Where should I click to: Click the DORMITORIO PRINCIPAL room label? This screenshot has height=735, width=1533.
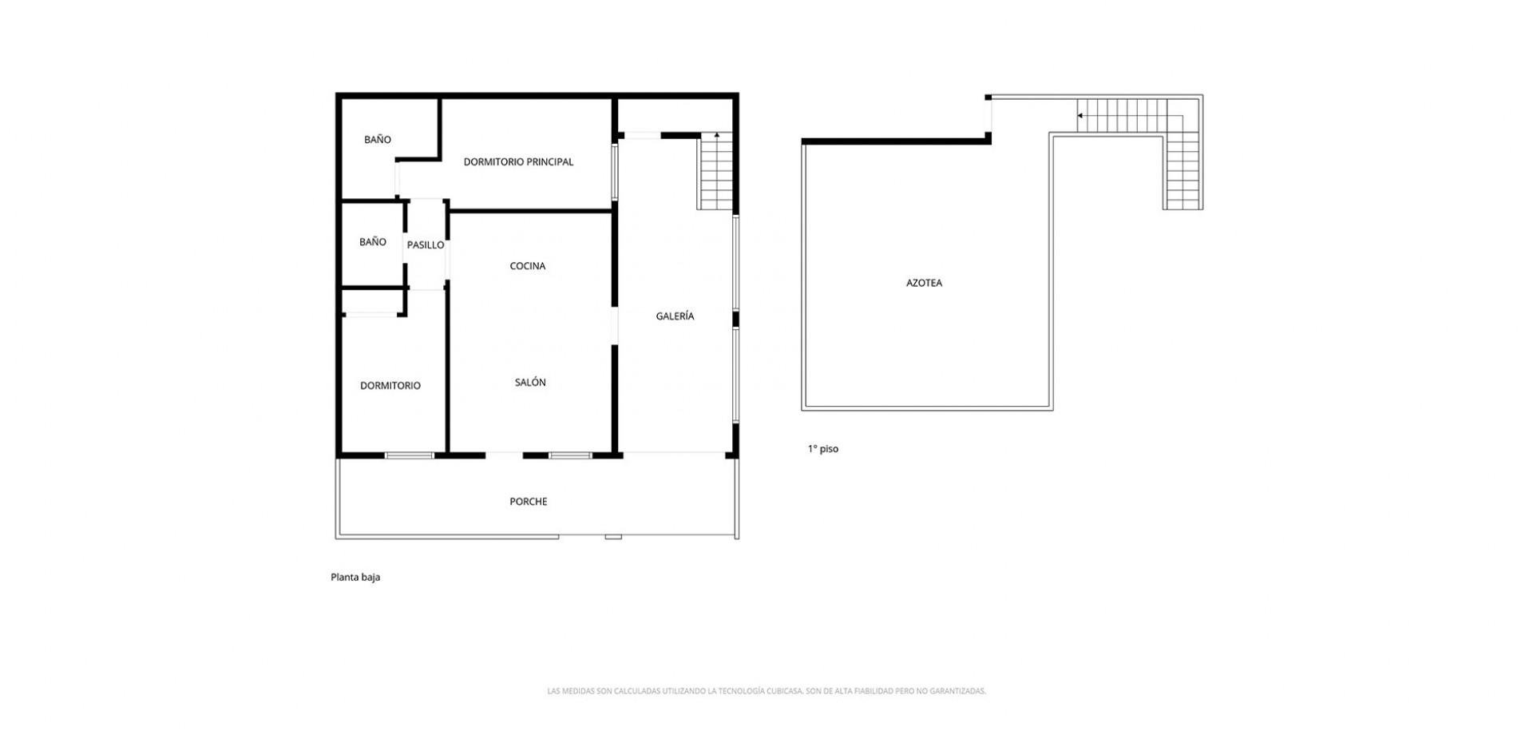518,162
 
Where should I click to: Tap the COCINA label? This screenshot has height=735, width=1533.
528,266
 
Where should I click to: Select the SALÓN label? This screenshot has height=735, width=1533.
530,383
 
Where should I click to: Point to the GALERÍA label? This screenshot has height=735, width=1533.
675,316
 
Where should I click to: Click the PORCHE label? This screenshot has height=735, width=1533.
529,502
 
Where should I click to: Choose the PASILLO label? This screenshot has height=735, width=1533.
426,245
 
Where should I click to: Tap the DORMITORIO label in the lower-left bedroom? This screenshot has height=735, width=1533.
390,386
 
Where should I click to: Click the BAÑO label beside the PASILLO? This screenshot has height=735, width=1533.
373,242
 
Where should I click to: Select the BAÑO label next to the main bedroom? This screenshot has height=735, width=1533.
378,140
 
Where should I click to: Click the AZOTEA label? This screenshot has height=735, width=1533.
924,283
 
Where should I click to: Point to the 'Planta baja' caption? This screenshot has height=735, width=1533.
355,577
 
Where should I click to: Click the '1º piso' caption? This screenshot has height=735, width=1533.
823,449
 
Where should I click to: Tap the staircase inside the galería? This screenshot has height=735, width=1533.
716,172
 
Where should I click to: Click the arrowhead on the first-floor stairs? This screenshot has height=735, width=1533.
1080,116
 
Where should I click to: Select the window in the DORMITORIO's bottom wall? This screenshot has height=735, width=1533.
410,455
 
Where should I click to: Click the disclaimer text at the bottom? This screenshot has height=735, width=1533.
766,691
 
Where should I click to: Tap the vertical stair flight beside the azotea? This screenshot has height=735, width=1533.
1183,172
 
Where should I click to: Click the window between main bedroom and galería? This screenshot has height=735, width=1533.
615,171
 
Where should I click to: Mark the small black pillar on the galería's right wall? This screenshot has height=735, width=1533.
736,320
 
